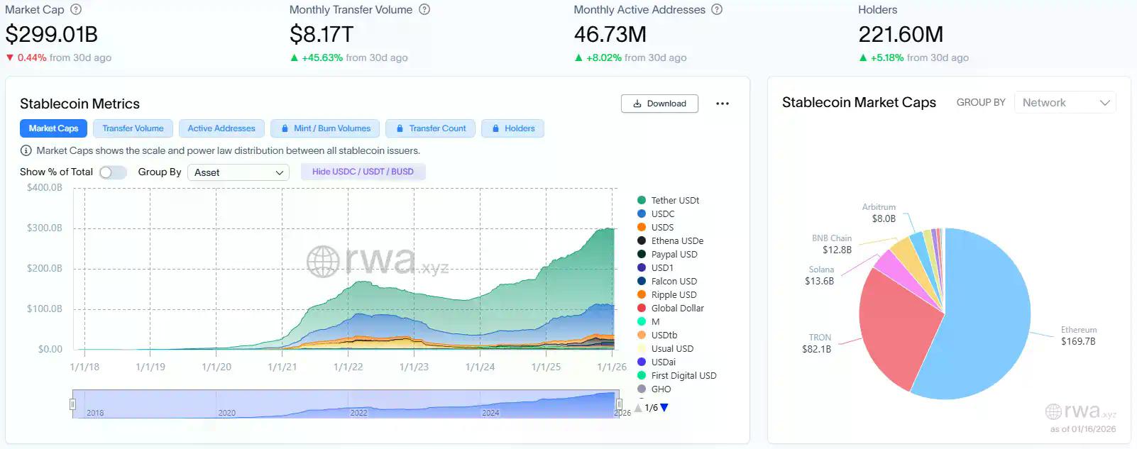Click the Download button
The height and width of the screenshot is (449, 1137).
(x=659, y=104)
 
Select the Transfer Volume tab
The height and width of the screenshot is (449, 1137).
(x=133, y=128)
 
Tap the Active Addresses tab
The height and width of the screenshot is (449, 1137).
(x=221, y=128)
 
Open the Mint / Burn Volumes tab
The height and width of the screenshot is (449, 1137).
(x=325, y=128)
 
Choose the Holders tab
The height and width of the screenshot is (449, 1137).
(x=513, y=128)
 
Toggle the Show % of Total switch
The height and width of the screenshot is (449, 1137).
(x=113, y=172)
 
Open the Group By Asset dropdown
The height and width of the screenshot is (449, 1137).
(x=238, y=172)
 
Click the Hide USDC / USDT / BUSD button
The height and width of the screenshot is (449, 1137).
(x=363, y=172)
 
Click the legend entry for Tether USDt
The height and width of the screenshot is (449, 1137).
(x=674, y=201)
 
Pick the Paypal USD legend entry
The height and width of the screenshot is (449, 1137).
(x=674, y=255)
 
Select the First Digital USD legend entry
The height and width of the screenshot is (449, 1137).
(x=683, y=376)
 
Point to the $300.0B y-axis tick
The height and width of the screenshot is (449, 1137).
(x=45, y=228)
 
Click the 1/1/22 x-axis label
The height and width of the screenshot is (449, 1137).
(x=348, y=367)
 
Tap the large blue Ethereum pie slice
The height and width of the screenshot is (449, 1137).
(x=987, y=319)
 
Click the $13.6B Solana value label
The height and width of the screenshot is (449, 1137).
(x=819, y=282)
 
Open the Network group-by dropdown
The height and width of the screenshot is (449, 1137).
(x=1065, y=103)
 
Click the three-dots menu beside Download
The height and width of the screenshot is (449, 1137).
(x=723, y=104)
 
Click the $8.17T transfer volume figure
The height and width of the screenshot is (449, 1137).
(x=322, y=34)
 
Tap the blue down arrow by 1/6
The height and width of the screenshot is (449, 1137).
(x=664, y=408)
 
